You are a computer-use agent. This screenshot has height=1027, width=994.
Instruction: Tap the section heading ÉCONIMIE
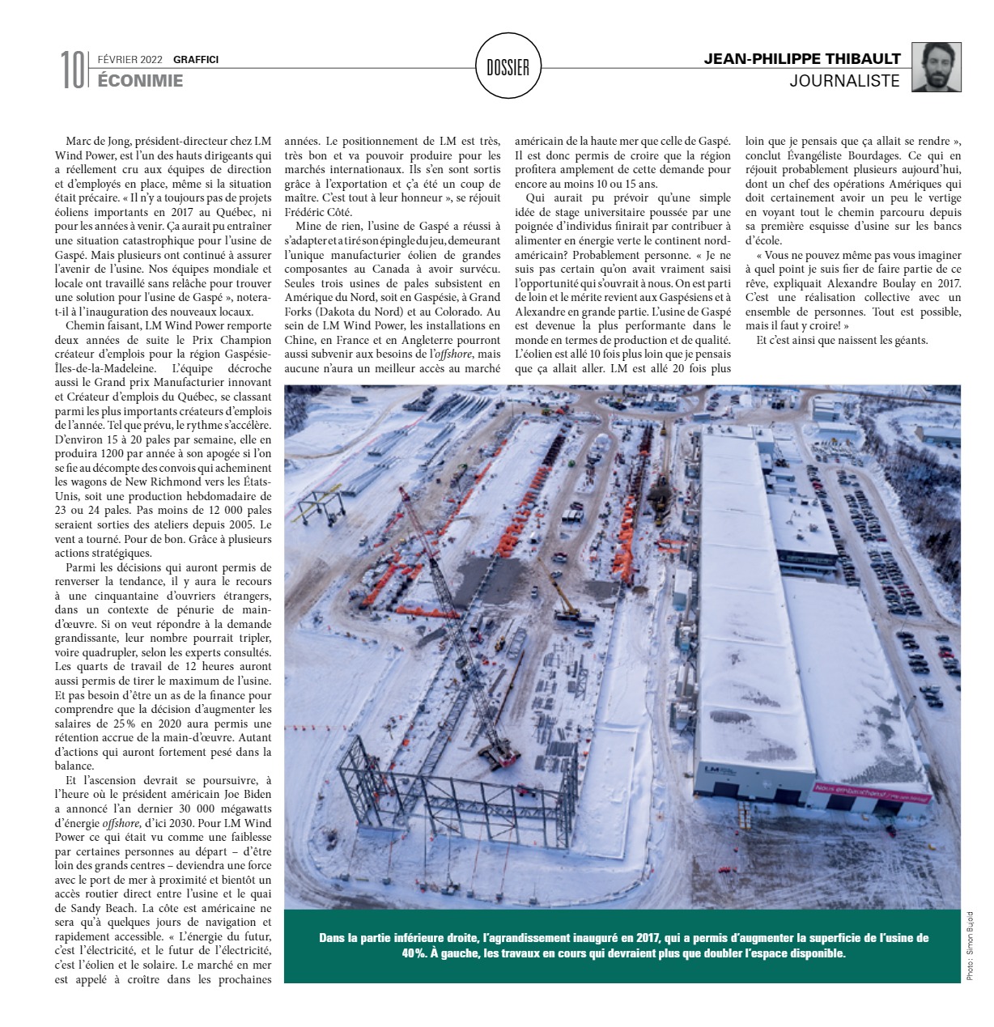(x=140, y=81)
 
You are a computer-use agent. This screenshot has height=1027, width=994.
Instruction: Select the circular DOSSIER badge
(x=508, y=68)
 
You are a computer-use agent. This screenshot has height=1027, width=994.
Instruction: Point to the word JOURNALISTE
(x=845, y=81)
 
